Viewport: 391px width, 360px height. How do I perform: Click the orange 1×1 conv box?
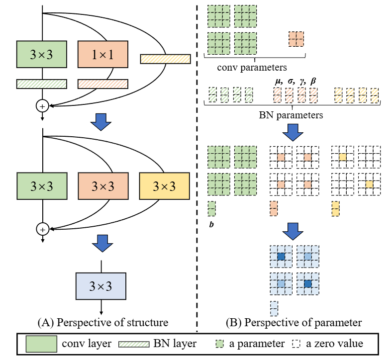[103, 55]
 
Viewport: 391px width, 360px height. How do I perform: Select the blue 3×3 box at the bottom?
[101, 286]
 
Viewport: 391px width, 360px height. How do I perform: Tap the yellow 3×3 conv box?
[164, 186]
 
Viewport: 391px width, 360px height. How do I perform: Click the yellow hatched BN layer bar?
[165, 59]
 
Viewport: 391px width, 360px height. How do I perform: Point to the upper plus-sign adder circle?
[42, 105]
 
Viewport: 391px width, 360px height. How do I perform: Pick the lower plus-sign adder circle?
[42, 229]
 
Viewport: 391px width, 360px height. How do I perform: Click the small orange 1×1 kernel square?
[295, 38]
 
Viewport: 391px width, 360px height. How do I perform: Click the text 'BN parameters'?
[291, 115]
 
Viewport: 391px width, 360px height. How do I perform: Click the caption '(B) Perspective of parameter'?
[293, 322]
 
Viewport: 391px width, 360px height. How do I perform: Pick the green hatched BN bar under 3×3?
[41, 84]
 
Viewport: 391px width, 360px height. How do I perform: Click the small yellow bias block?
[336, 208]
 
